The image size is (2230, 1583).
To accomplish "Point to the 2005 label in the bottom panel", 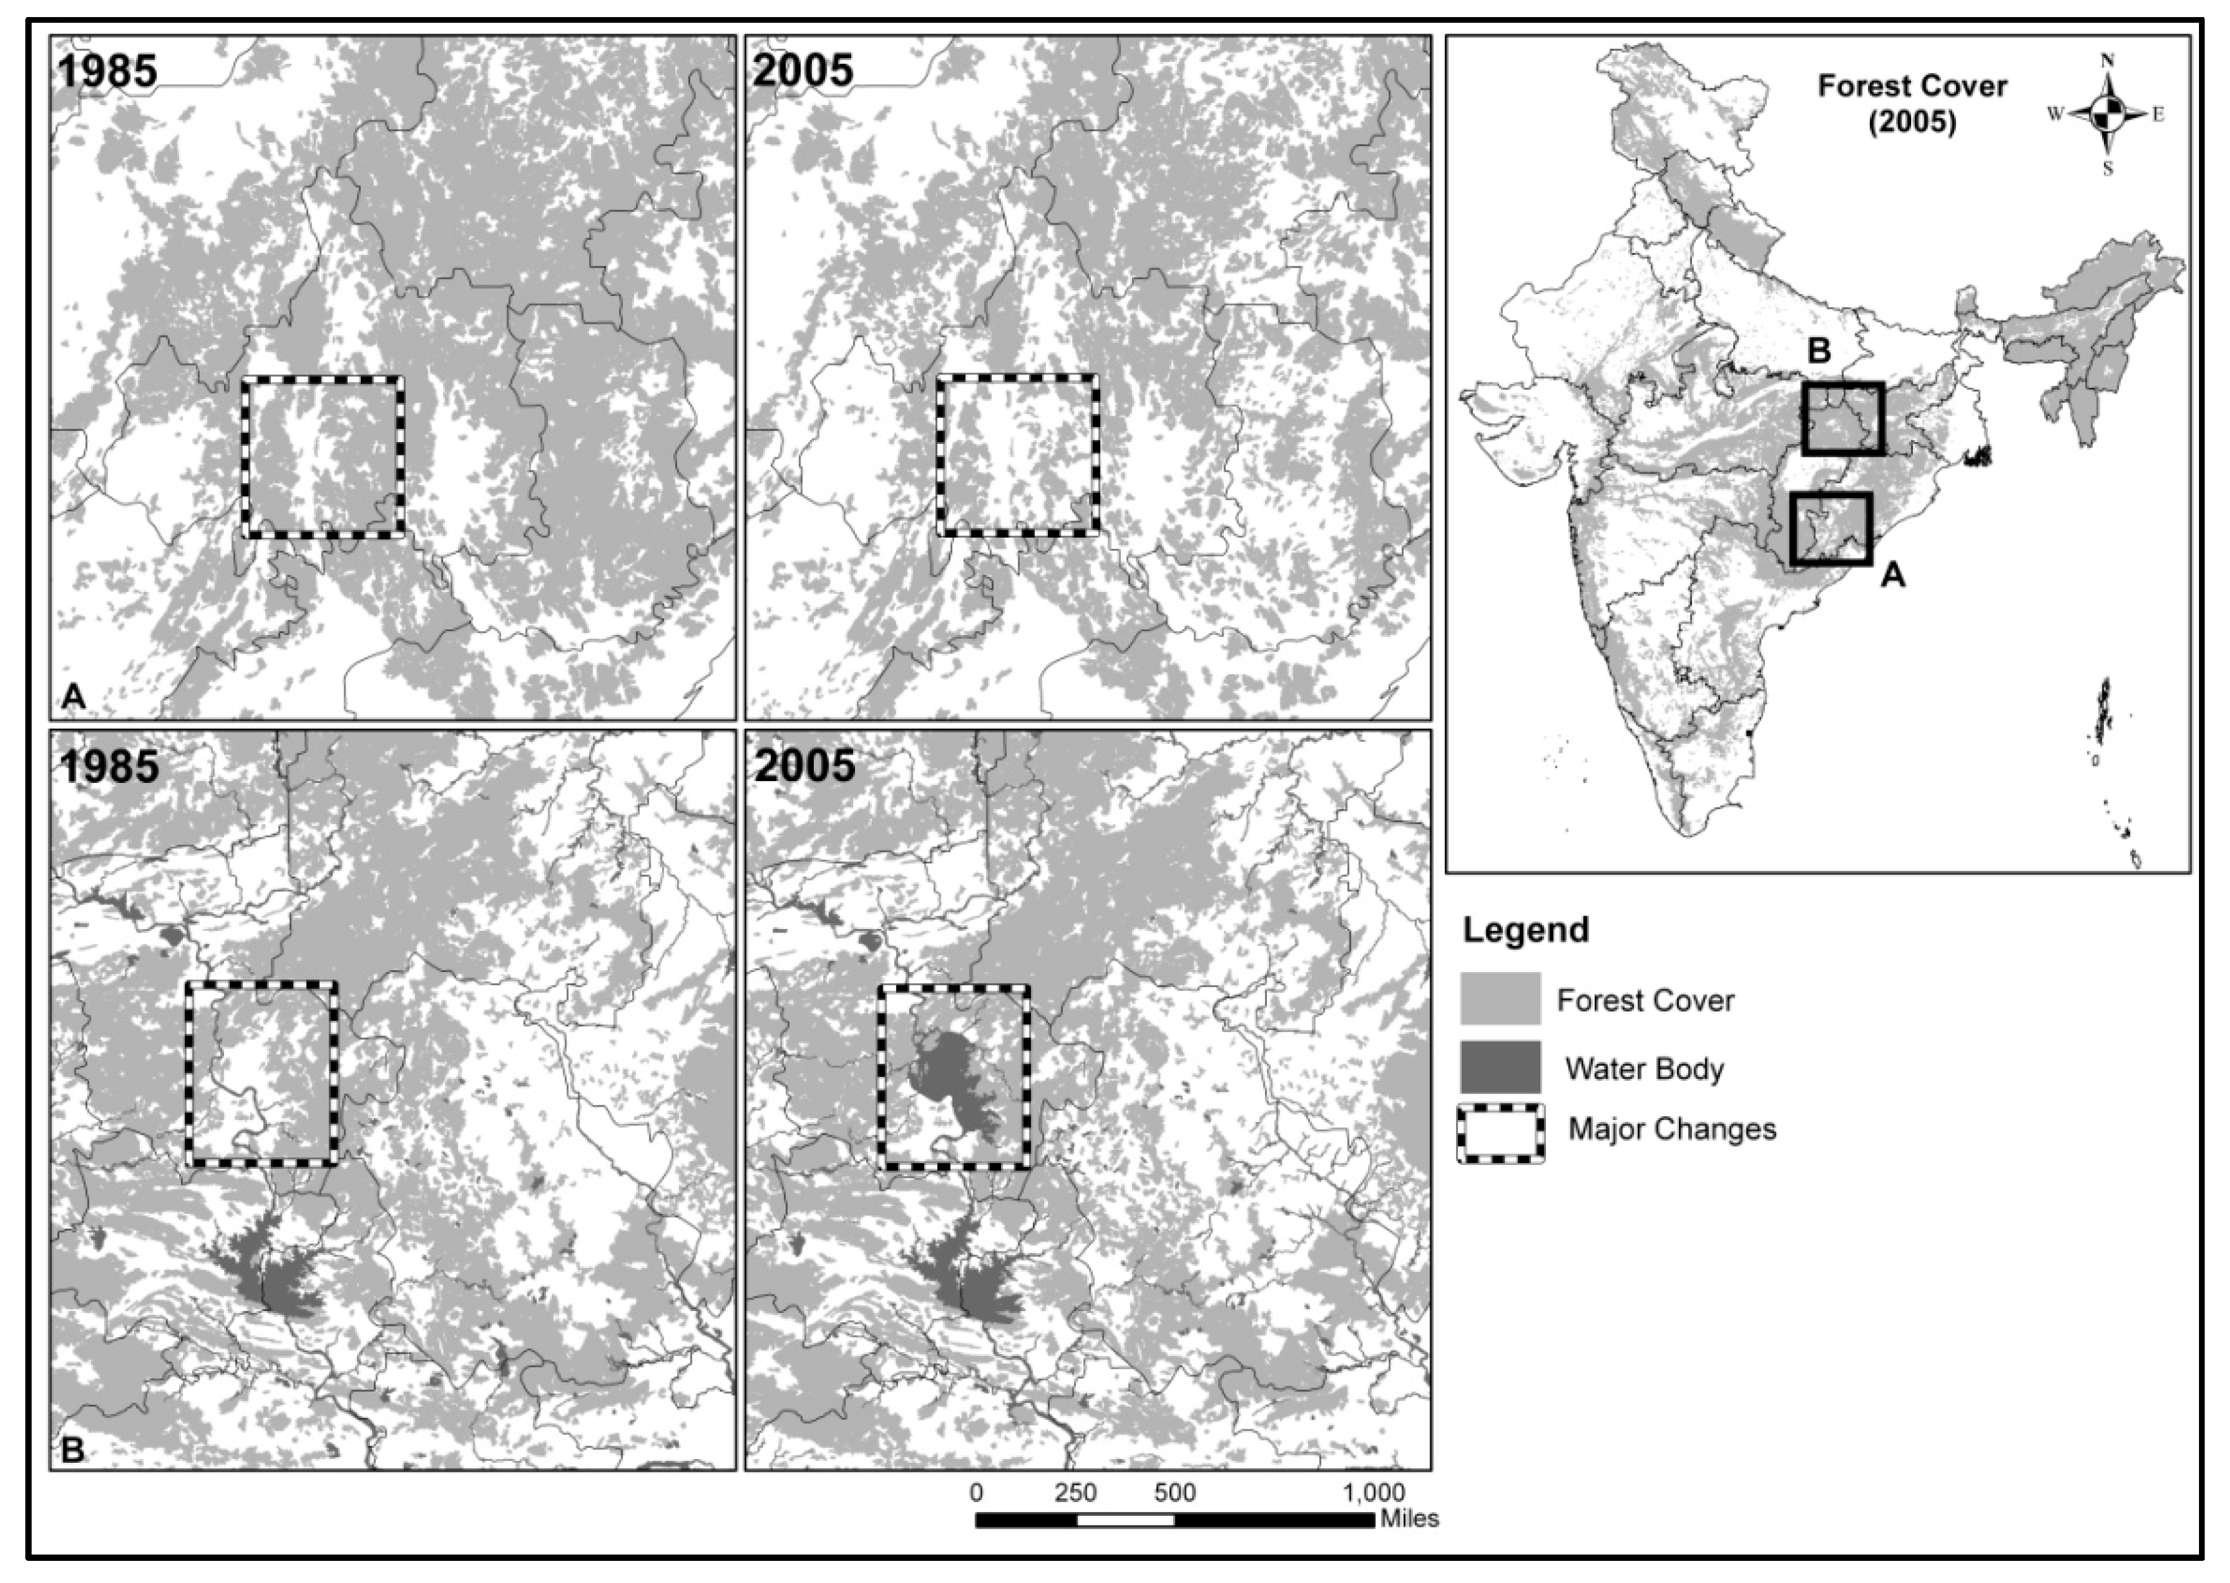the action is point(804,766).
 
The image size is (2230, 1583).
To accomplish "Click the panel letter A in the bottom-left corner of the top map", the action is point(73,696).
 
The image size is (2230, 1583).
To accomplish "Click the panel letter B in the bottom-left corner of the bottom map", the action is point(73,1450).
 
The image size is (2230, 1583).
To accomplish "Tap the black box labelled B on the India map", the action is point(1842,419).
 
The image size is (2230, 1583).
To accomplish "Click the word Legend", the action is point(1526,929).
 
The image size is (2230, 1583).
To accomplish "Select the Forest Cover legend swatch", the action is point(1500,999).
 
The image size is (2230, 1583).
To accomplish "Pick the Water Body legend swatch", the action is point(1500,1068).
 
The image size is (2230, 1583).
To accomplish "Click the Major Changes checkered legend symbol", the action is point(1500,1133).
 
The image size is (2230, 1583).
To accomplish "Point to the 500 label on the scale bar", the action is point(1174,1493).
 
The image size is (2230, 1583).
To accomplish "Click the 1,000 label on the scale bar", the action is point(1375,1493).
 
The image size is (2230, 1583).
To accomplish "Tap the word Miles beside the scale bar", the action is point(1409,1518).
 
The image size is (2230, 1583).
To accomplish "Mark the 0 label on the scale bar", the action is point(976,1493).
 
